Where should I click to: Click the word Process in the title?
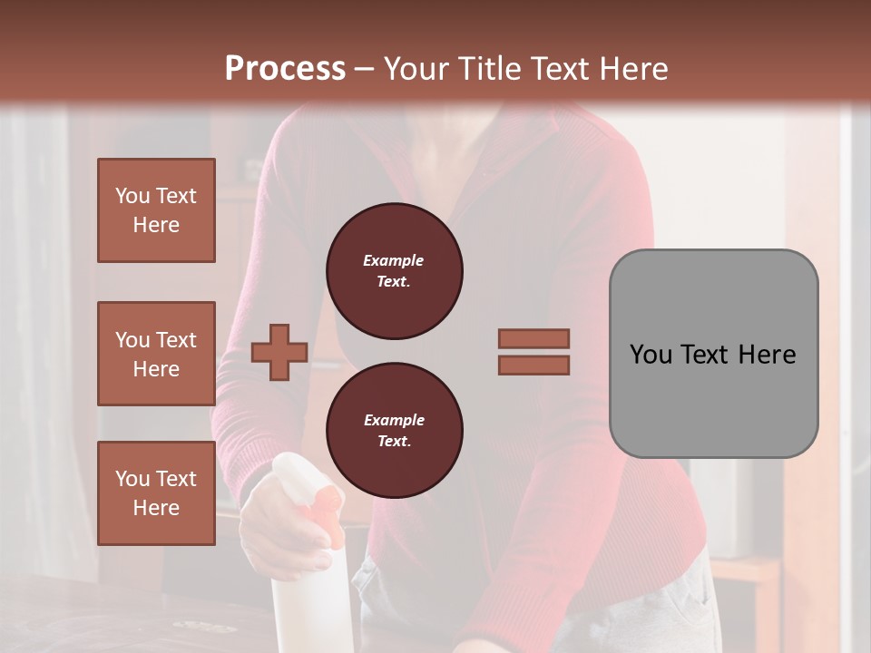(x=285, y=69)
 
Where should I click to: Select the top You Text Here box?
(x=156, y=210)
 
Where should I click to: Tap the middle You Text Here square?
(x=156, y=354)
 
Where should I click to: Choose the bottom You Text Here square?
(x=156, y=493)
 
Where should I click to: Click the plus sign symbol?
(x=279, y=353)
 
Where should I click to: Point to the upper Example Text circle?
(x=394, y=271)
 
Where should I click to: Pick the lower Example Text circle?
(x=394, y=431)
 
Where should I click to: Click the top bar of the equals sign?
(x=533, y=339)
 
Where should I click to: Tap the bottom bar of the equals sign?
(x=533, y=365)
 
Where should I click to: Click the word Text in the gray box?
(x=710, y=355)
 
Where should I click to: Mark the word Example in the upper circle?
(x=393, y=261)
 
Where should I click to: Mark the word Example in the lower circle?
(x=393, y=421)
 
